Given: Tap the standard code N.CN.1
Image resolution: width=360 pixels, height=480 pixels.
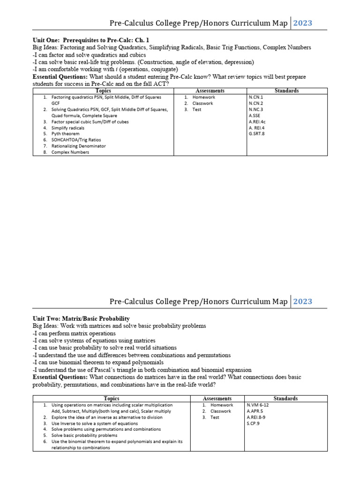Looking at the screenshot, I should tap(256, 97).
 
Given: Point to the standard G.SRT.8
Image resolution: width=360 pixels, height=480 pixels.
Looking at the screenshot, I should tap(258, 134).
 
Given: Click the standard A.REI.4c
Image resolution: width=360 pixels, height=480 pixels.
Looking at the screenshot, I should tap(258, 121).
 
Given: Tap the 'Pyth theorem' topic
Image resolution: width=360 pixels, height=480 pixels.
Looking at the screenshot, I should tap(65, 134).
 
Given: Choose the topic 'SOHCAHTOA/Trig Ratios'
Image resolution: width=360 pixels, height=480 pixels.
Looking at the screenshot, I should tap(76, 140).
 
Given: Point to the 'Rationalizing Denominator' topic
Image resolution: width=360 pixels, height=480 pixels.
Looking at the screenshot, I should tap(78, 146).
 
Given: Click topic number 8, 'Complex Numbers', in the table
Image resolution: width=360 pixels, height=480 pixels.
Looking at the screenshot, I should tap(70, 152).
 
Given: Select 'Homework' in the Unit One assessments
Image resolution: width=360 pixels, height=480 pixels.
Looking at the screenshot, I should tap(204, 97).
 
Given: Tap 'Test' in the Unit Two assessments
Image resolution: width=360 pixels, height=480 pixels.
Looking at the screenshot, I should tap(215, 417).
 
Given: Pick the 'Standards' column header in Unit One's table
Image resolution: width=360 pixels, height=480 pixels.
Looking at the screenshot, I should tap(287, 90).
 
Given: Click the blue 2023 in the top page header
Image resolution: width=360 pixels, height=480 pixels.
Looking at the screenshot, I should tap(302, 23).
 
